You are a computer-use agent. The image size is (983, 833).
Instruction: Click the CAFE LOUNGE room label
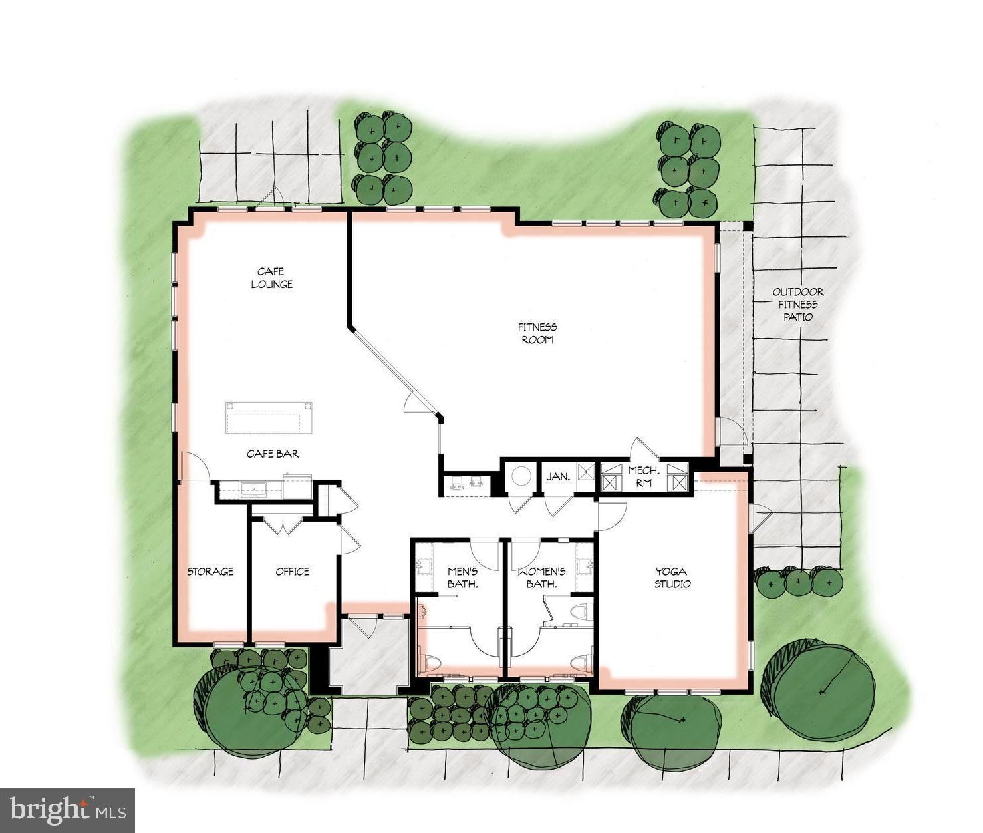(271, 277)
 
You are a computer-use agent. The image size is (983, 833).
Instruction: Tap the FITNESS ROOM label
(538, 333)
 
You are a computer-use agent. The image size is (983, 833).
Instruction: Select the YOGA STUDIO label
(672, 578)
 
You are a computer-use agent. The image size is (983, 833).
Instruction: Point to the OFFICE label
(293, 572)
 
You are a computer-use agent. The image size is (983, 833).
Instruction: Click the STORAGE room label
(210, 572)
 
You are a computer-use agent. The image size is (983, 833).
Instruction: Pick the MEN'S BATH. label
(463, 578)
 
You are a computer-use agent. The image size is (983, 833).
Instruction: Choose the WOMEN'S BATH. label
(542, 578)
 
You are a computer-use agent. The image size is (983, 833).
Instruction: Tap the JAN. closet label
(557, 477)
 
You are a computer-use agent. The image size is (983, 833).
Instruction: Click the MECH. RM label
(643, 476)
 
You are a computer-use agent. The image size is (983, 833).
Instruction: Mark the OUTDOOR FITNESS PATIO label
(798, 304)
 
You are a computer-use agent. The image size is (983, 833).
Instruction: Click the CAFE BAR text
(273, 454)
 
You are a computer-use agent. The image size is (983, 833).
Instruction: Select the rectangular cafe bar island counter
(269, 418)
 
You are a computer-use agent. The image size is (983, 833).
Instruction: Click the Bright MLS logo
(67, 810)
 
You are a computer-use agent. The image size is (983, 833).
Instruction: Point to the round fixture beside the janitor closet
(520, 476)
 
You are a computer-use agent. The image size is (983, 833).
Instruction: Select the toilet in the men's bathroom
(431, 662)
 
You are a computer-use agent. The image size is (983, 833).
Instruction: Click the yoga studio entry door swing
(612, 514)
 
